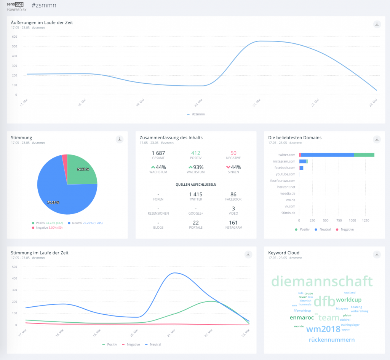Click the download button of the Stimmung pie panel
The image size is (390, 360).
[120, 139]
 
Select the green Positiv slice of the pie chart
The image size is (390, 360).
[81, 170]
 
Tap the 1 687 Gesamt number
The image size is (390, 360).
[158, 153]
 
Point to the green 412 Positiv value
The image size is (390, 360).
[196, 153]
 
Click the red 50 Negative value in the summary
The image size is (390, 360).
[233, 153]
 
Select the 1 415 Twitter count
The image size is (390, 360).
[196, 194]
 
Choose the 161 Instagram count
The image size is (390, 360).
[233, 223]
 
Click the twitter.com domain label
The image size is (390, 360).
[287, 155]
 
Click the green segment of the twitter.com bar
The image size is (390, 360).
[364, 155]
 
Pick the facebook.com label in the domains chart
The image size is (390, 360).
[285, 168]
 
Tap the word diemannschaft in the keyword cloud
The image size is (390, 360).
[322, 282]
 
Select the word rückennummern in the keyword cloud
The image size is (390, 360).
[331, 339]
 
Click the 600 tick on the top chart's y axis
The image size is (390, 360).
[14, 37]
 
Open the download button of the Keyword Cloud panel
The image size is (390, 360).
[377, 254]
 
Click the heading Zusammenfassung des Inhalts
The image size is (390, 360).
[171, 137]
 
